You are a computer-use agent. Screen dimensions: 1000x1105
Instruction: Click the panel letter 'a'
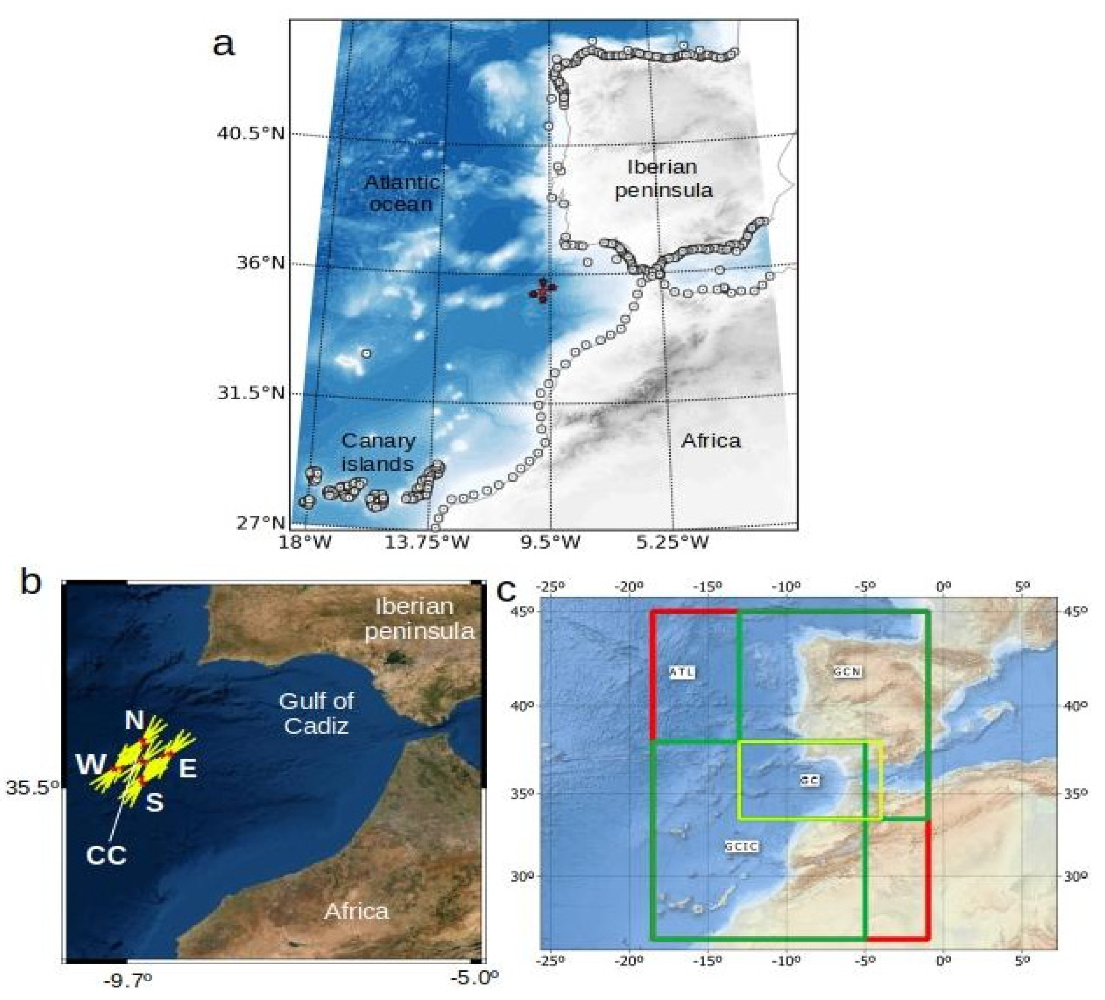click(223, 44)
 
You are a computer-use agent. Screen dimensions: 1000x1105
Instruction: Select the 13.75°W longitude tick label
click(427, 543)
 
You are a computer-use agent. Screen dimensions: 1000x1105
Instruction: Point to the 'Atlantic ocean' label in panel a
click(402, 193)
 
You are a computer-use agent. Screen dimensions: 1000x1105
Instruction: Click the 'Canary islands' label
click(378, 452)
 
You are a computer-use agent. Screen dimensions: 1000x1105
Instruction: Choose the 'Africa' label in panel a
click(711, 441)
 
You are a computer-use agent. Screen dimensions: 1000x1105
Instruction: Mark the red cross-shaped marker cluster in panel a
click(543, 290)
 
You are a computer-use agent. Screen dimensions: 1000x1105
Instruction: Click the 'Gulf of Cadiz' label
click(316, 713)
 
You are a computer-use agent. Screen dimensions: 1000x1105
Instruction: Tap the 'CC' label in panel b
click(106, 855)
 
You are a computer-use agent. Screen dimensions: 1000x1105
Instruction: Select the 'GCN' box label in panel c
click(847, 672)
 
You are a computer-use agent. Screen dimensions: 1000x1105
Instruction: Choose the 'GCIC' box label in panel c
click(741, 846)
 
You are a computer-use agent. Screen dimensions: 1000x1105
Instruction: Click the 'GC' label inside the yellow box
click(810, 780)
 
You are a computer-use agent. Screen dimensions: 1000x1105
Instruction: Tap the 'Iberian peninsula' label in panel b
click(419, 619)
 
